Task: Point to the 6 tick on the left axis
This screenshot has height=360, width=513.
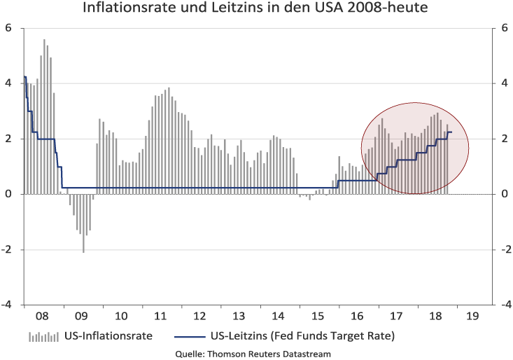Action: (8, 28)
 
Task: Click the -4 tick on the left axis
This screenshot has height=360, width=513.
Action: (7, 305)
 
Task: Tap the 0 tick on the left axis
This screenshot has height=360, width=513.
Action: (8, 194)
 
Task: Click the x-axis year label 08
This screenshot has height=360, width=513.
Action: (42, 316)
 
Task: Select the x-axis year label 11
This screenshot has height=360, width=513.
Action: (160, 316)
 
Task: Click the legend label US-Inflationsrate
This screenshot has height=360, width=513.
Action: (108, 335)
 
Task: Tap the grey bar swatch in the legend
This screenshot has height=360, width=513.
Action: (43, 337)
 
